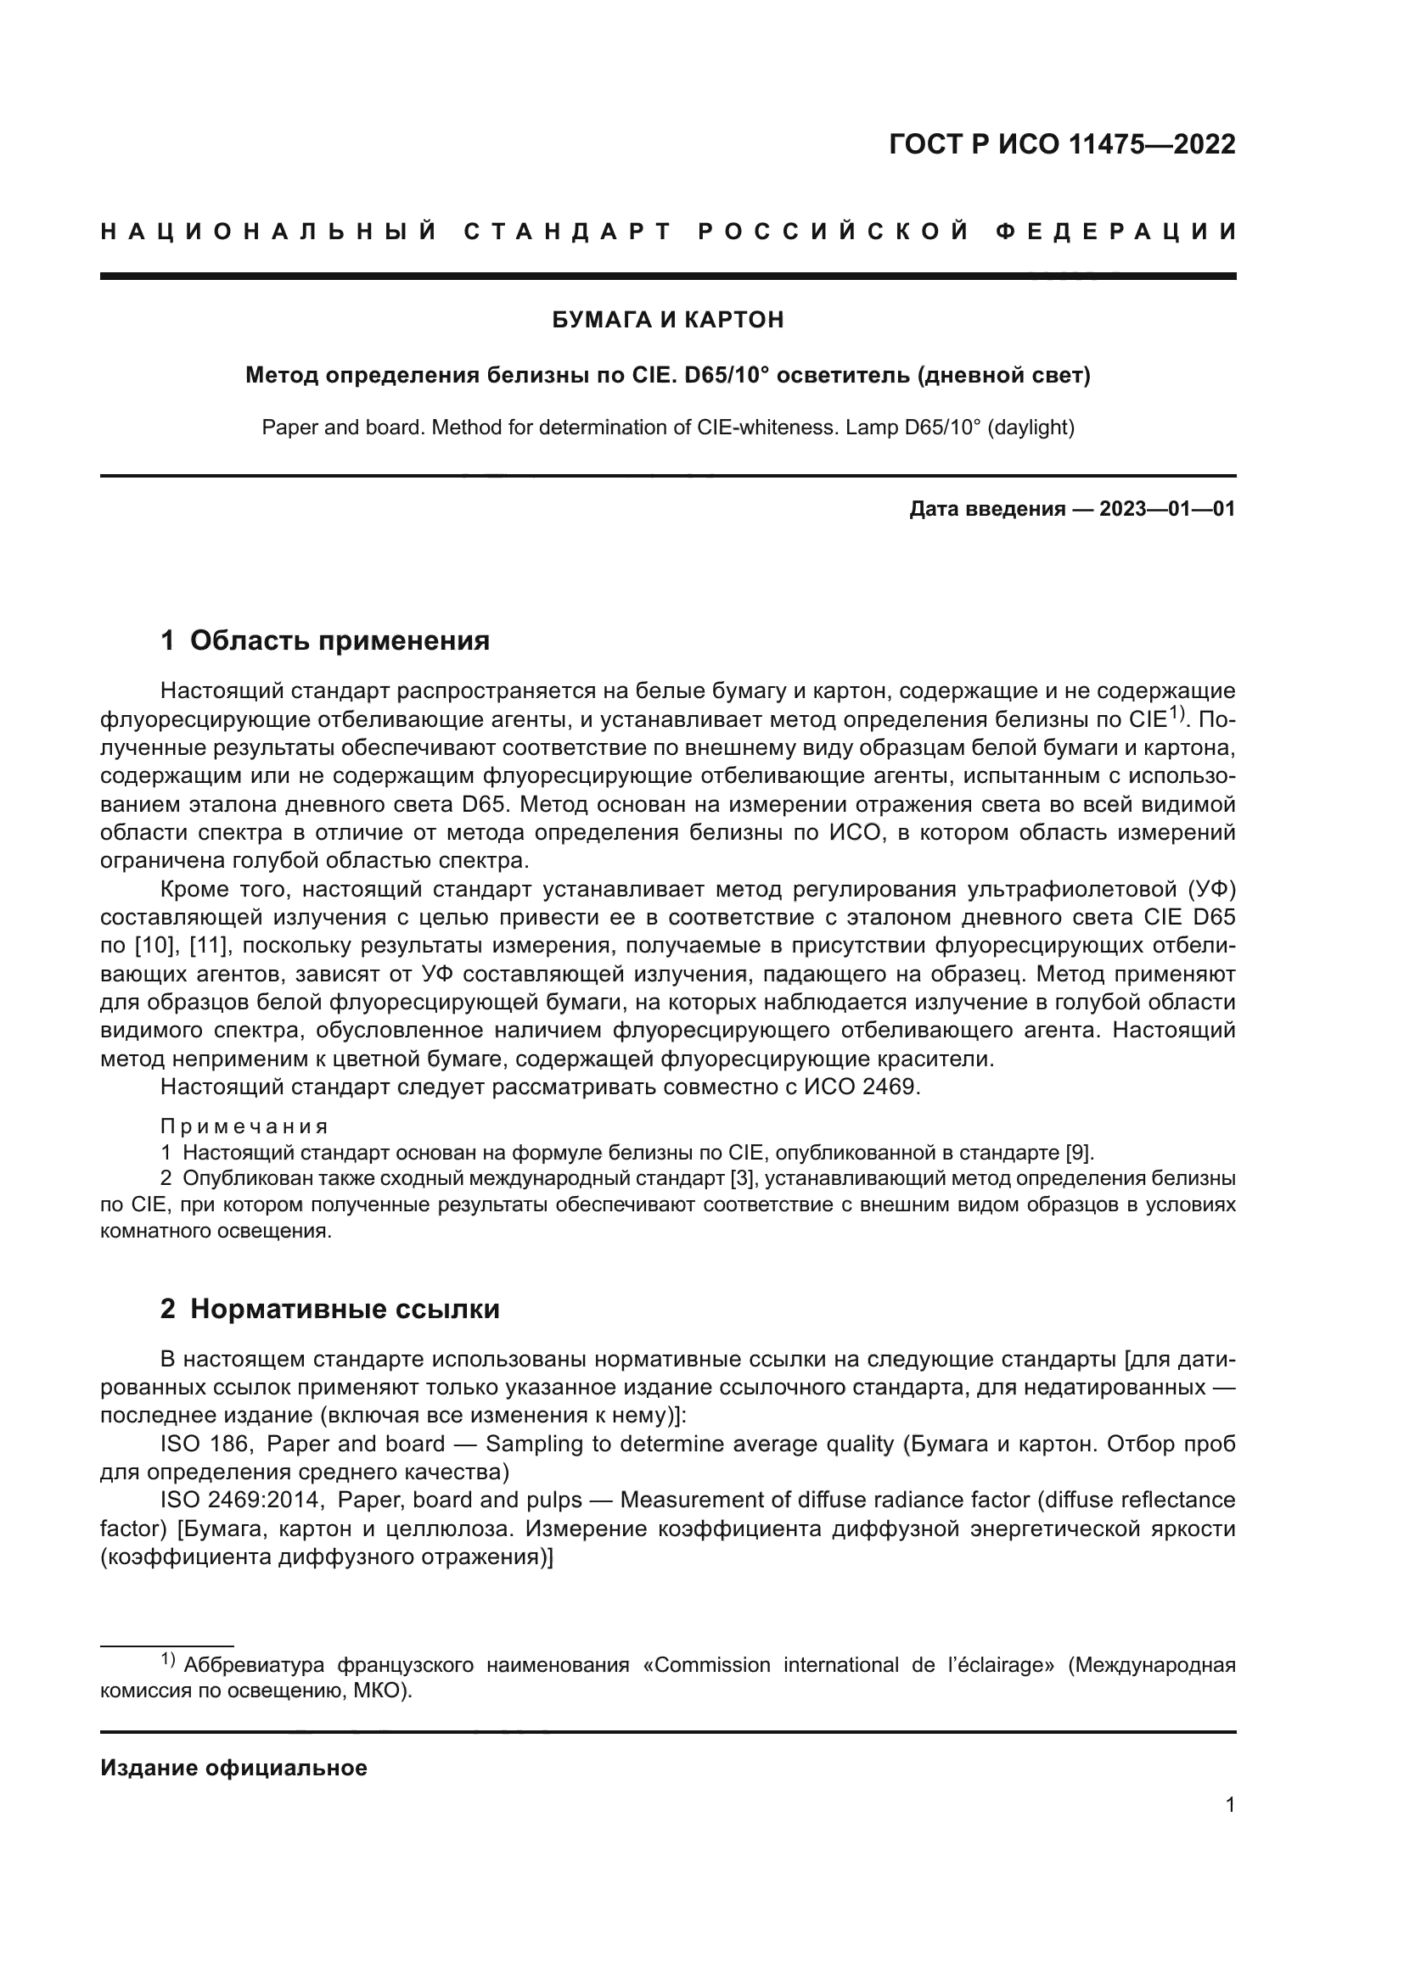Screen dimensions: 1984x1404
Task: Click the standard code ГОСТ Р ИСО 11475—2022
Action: pos(1062,144)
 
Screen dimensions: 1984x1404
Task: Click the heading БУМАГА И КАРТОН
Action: pos(667,320)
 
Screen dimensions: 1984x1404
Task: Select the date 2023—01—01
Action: pos(1167,509)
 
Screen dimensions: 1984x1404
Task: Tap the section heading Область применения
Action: pos(339,640)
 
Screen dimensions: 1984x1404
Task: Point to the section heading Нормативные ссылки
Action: pos(344,1309)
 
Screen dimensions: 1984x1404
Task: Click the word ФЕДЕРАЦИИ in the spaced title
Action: pos(1116,232)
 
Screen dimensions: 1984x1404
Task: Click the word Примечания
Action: pos(244,1126)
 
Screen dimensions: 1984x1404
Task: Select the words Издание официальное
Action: pos(233,1768)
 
